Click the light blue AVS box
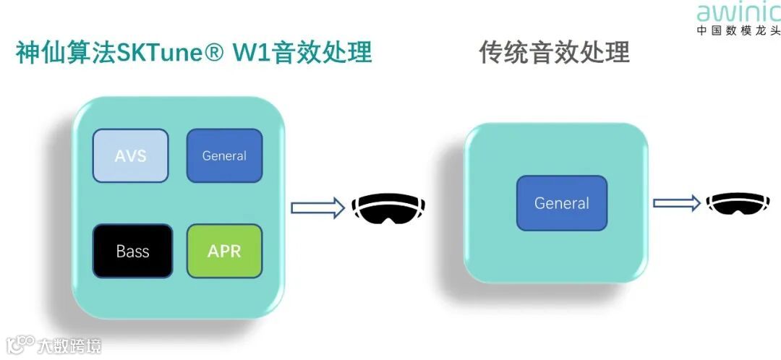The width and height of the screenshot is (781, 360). (x=130, y=155)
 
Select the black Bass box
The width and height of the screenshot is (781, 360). (x=132, y=251)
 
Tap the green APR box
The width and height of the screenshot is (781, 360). (x=224, y=251)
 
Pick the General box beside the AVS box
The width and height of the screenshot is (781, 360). (x=224, y=155)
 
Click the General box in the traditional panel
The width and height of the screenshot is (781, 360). (x=562, y=203)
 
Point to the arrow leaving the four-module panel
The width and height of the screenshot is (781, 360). (x=317, y=208)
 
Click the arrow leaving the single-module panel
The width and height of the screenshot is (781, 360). (x=677, y=203)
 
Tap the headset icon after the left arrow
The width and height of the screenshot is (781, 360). (x=388, y=208)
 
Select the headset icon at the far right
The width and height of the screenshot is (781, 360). (x=738, y=203)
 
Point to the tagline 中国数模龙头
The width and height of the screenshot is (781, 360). (x=738, y=31)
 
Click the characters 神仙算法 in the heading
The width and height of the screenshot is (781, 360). (x=65, y=53)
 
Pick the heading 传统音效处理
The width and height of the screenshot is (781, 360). (x=554, y=52)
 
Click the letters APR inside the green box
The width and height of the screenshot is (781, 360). (x=224, y=251)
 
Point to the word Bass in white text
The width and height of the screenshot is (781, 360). (x=132, y=252)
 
